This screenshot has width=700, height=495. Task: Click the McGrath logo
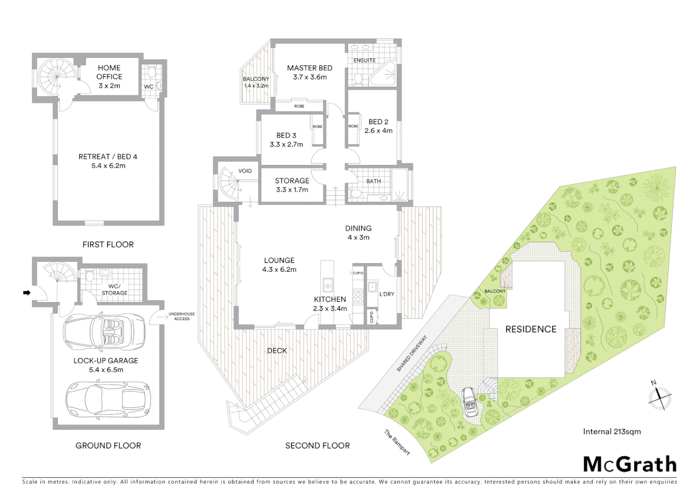click(x=629, y=464)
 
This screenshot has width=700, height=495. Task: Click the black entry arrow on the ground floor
click(x=27, y=292)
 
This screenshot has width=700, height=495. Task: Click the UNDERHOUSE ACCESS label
click(x=181, y=316)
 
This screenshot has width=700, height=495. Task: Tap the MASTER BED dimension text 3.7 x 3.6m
click(x=310, y=77)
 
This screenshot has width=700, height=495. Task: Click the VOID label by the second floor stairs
click(x=245, y=171)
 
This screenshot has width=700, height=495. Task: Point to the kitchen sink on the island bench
click(x=328, y=285)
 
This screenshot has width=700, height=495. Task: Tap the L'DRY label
click(x=387, y=294)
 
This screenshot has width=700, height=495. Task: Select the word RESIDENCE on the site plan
click(x=530, y=329)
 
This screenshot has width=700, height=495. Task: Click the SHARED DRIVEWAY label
click(x=412, y=353)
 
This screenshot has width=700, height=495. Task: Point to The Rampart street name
click(x=397, y=442)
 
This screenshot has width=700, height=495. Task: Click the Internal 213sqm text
click(x=612, y=431)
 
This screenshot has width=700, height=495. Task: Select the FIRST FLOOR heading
click(x=108, y=245)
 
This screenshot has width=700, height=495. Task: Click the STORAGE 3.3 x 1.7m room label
click(x=292, y=185)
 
